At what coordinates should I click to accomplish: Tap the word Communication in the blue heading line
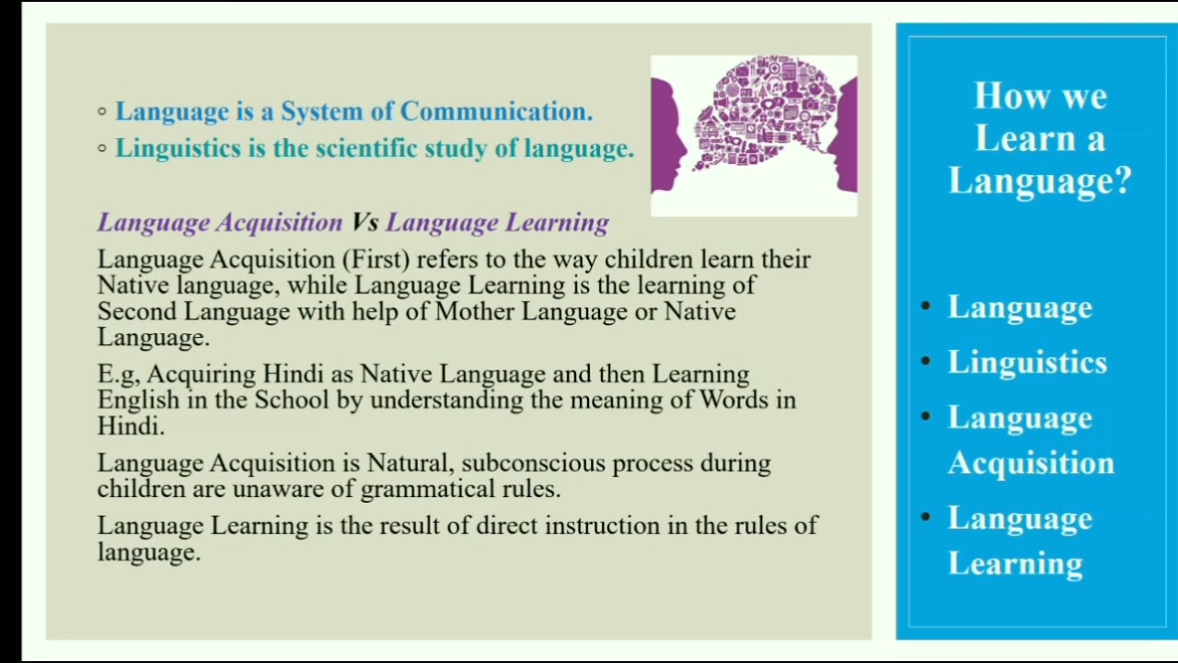(496, 111)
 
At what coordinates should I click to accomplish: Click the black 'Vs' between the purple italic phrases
(365, 222)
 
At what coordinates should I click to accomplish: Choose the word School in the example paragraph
(292, 400)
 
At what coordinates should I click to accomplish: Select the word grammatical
(428, 490)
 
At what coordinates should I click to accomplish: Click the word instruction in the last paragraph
(602, 525)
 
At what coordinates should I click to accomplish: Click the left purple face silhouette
(668, 134)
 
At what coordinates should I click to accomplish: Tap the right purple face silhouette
(843, 134)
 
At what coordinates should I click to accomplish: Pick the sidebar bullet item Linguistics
(1027, 363)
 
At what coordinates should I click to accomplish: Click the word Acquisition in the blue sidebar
(1031, 463)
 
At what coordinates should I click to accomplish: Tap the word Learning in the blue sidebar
(1015, 564)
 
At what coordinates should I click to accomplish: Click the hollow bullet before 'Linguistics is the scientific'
(102, 148)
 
